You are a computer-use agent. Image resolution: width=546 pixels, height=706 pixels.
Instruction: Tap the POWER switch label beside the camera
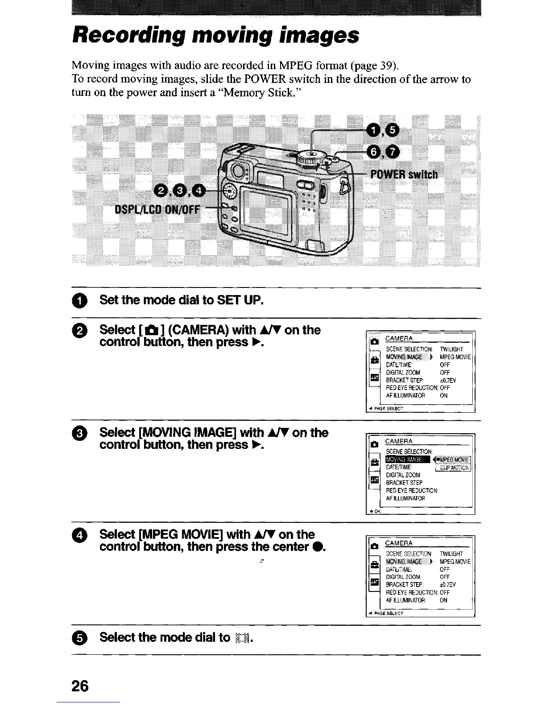coord(404,174)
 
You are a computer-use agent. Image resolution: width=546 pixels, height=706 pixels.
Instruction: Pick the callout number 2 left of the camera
coord(161,191)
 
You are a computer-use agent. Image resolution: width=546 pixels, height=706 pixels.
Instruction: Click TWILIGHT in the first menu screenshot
coord(451,349)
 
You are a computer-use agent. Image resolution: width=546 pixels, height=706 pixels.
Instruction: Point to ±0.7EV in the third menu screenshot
coord(448,585)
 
